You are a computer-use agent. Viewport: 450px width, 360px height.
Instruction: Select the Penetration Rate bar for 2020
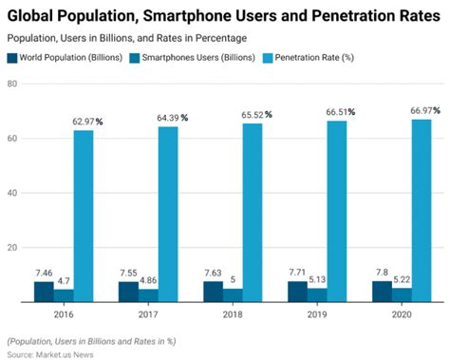click(x=422, y=210)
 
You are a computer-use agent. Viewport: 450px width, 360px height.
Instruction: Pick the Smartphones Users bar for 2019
click(x=317, y=294)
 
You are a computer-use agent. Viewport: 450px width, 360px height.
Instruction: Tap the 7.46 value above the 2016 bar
click(x=44, y=273)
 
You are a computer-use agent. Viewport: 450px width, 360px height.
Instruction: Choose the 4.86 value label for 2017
click(x=148, y=280)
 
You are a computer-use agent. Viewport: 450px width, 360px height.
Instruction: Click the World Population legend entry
click(x=68, y=58)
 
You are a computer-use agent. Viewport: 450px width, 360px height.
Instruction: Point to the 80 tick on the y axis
click(x=13, y=84)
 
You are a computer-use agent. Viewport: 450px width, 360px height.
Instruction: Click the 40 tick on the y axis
click(x=13, y=193)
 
